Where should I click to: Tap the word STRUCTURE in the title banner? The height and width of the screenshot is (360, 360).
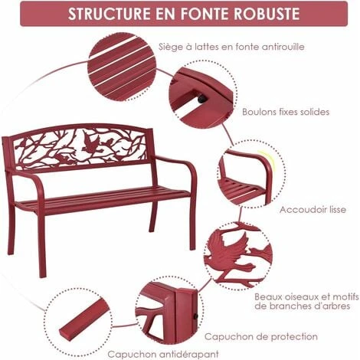click(x=110, y=14)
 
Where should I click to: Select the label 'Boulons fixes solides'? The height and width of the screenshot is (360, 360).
click(x=286, y=112)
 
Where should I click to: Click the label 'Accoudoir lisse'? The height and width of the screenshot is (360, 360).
click(x=313, y=210)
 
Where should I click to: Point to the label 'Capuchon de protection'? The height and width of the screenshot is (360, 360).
click(x=261, y=336)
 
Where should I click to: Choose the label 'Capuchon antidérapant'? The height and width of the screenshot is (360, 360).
click(x=163, y=355)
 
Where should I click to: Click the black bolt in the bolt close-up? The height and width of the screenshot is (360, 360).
click(x=201, y=99)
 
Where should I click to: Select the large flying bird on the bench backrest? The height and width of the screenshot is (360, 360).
click(x=90, y=145)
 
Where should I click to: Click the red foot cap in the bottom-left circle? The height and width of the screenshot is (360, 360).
click(x=83, y=319)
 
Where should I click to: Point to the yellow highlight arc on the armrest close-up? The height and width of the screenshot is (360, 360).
click(x=267, y=160)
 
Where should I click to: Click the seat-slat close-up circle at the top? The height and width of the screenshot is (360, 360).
click(x=122, y=67)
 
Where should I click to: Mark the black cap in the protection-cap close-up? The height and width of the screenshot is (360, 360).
click(x=195, y=316)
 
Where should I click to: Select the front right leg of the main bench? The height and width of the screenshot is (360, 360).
click(x=193, y=224)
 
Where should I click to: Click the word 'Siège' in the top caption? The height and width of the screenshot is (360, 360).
click(x=169, y=47)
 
